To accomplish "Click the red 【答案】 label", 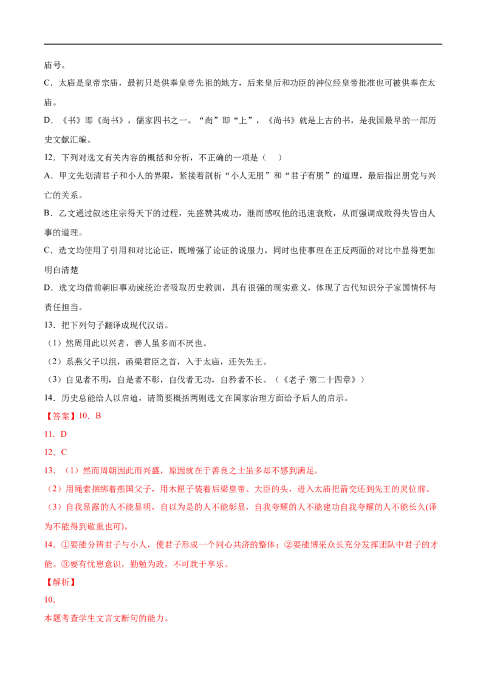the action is coord(60,416).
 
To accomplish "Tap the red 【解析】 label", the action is coord(60,582).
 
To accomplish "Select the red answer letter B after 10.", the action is coord(98,416).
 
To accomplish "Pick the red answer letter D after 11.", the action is coord(64,434).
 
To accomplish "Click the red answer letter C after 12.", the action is coord(64,452).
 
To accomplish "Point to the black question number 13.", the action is coord(50,325).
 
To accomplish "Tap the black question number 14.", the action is coord(50,398).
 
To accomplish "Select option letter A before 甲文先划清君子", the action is coord(48,175).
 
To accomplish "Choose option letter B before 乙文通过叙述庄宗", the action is coord(47,213).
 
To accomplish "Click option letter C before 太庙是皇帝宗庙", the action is coord(47,83).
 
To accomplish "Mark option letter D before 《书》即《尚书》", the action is coord(48,120).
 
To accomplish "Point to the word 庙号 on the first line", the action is coord(53,66).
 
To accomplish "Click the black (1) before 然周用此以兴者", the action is coord(55,343).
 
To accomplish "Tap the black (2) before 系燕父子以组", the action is coord(55,362).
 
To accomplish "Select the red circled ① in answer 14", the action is coord(65,545).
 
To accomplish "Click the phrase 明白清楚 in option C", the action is coord(61,270).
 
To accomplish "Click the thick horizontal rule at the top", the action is coord(243,44).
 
